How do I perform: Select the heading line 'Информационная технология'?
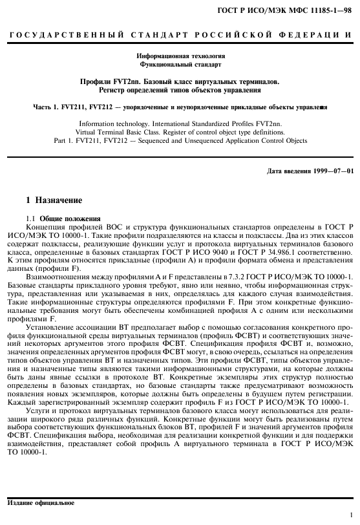coord(180,57)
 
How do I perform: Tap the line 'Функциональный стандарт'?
coord(180,65)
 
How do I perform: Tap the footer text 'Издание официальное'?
coord(39,502)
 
